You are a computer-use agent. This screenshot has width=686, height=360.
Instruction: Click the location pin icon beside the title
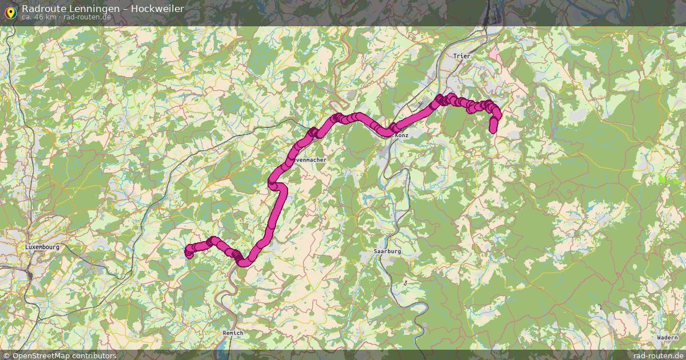(x=10, y=12)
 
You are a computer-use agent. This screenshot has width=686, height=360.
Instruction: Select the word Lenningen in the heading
(x=89, y=9)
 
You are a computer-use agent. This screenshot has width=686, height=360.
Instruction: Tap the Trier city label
(x=460, y=56)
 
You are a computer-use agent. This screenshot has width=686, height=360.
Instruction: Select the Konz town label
(x=401, y=135)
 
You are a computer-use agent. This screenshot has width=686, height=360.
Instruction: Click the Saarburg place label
(x=387, y=251)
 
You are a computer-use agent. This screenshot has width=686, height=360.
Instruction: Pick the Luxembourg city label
(x=42, y=247)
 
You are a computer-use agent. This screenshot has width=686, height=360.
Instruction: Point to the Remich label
(x=233, y=333)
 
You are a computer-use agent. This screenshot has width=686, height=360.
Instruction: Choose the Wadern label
(x=667, y=338)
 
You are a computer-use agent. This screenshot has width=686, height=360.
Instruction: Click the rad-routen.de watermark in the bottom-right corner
(x=658, y=355)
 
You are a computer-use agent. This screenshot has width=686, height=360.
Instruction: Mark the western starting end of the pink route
(x=189, y=253)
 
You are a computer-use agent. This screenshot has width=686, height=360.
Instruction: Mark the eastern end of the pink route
(x=493, y=129)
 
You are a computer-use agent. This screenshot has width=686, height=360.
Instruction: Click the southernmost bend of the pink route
(x=244, y=263)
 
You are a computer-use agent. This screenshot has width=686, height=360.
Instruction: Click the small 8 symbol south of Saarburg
(x=405, y=282)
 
